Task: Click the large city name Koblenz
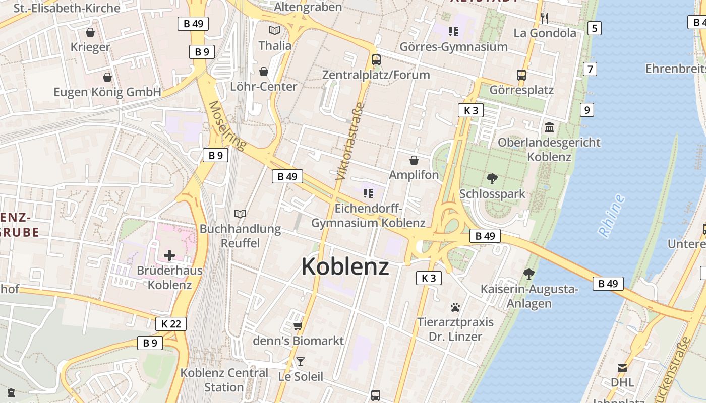[x=345, y=266]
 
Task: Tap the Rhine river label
[x=611, y=216]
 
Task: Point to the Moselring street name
[x=227, y=126]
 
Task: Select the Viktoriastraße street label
[x=349, y=142]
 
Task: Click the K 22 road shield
[x=171, y=324]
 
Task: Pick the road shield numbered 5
[x=595, y=28]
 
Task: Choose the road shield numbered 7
[x=590, y=69]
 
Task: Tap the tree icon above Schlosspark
[x=492, y=178]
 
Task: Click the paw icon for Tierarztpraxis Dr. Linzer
[x=455, y=307]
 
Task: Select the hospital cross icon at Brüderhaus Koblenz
[x=169, y=255]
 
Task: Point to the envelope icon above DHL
[x=622, y=368]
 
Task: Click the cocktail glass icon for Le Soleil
[x=301, y=362]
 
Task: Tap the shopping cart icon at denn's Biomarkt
[x=298, y=326]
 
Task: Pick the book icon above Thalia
[x=275, y=31]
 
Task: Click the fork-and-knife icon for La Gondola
[x=544, y=18]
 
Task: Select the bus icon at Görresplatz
[x=521, y=75]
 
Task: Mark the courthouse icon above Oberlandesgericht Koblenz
[x=549, y=127]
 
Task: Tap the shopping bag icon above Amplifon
[x=414, y=160]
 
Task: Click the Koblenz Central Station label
[x=224, y=380]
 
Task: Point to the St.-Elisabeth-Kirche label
[x=67, y=8]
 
